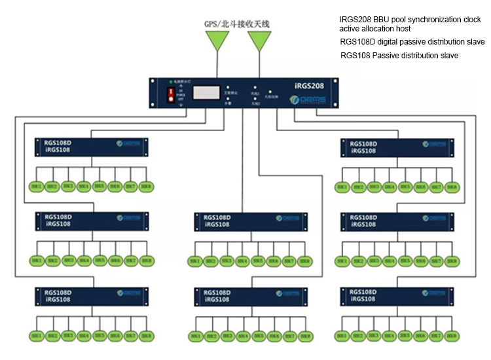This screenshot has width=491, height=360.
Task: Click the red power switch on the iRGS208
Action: click(173, 96)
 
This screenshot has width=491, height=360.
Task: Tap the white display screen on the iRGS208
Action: click(204, 94)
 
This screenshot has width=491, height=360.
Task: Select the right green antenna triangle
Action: click(259, 41)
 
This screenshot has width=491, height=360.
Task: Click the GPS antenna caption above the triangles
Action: click(237, 24)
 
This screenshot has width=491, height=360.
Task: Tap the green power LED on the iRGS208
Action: click(170, 81)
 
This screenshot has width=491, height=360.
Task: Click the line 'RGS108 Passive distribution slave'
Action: click(399, 56)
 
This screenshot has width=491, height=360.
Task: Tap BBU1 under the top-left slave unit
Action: click(36, 187)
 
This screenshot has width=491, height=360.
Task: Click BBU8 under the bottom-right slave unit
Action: click(451, 336)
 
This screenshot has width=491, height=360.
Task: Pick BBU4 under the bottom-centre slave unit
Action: click(243, 336)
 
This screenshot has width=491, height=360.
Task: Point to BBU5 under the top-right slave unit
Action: click(405, 187)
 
